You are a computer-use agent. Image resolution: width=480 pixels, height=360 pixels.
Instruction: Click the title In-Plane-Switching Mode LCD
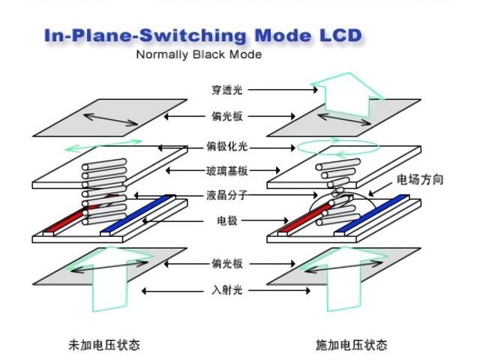202,35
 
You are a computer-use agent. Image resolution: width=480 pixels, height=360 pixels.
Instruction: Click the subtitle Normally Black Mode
199,55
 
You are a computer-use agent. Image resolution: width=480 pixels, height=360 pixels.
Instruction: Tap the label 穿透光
227,90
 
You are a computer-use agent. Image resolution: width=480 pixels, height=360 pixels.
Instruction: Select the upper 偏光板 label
227,116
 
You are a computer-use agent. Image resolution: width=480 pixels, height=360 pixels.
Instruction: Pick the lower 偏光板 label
227,264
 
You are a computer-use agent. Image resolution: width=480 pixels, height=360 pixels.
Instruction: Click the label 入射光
227,290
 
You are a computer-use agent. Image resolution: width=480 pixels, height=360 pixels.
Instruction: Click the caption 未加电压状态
104,345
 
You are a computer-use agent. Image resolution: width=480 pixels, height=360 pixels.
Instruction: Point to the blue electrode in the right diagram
375,215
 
